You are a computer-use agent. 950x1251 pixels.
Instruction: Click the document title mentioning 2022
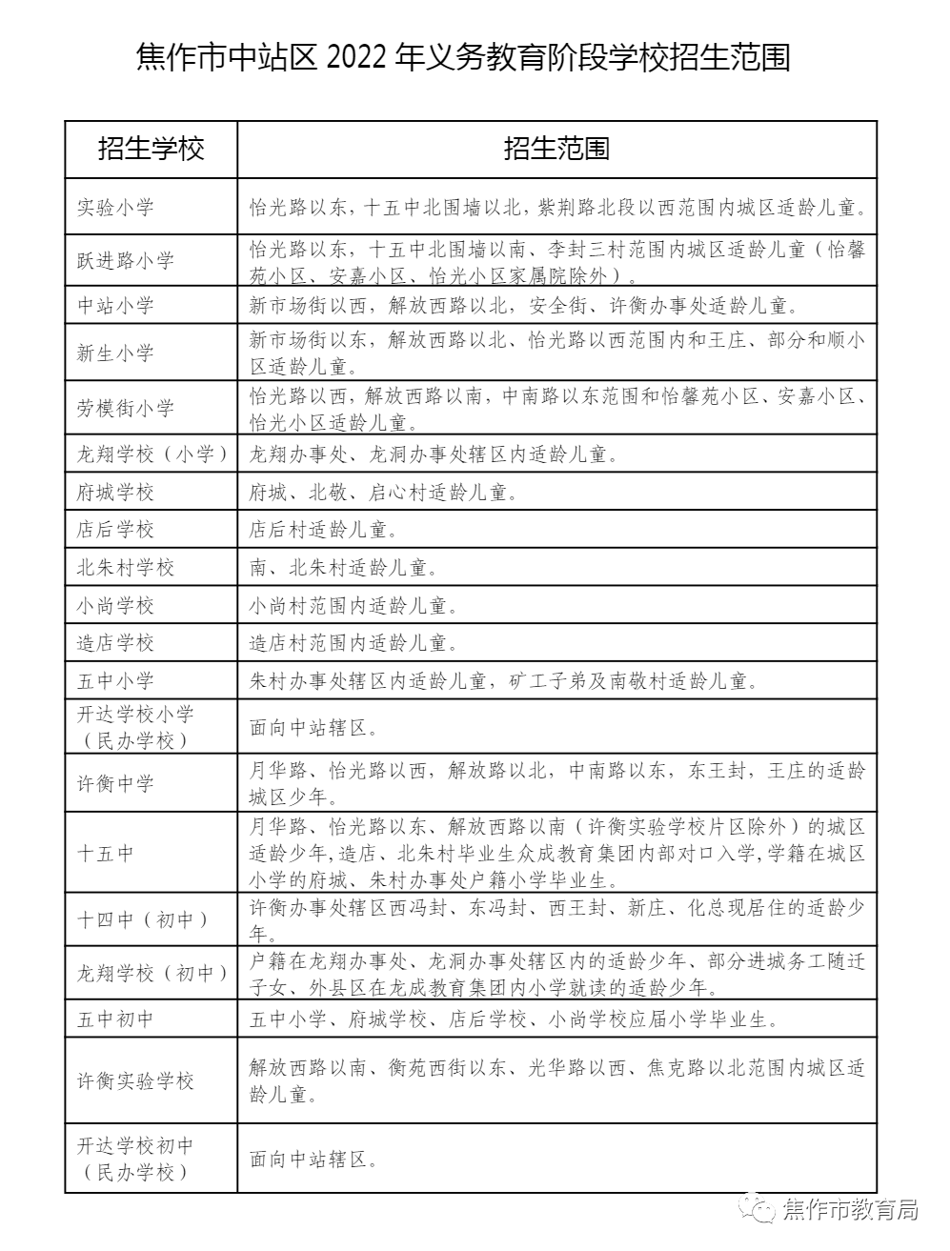click(464, 58)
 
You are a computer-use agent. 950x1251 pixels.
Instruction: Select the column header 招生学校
click(152, 149)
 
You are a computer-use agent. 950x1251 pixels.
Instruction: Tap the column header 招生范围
click(556, 149)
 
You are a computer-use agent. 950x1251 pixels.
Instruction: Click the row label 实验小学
click(115, 207)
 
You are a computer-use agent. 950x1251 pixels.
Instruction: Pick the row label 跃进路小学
click(126, 260)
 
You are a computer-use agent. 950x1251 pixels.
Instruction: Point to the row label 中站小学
click(115, 306)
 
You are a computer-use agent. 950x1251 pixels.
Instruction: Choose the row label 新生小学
click(115, 353)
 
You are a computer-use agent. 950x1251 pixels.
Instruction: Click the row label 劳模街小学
click(126, 408)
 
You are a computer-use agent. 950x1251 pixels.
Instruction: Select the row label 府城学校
click(115, 493)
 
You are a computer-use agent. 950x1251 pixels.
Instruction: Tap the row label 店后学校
click(115, 530)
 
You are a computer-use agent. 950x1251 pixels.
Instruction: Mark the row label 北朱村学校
click(126, 568)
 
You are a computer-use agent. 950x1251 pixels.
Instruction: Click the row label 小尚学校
click(115, 606)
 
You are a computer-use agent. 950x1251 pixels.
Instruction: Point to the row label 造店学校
click(115, 643)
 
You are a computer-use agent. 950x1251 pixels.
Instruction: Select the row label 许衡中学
click(115, 783)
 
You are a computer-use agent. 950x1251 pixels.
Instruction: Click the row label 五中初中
click(115, 1019)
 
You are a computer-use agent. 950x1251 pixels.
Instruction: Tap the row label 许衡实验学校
click(135, 1080)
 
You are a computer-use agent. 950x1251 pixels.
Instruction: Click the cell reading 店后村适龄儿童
click(322, 530)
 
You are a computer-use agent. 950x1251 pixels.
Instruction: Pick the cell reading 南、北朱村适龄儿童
click(343, 568)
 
